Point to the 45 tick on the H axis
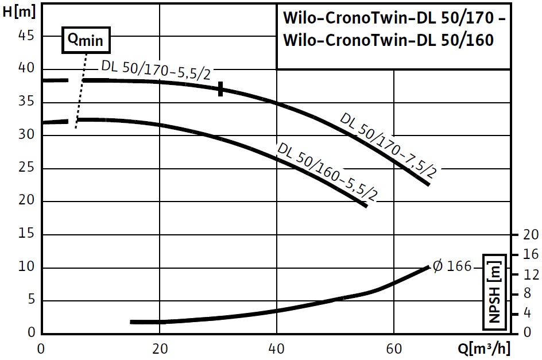pos(28,36)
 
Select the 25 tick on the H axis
pos(28,168)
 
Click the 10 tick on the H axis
pos(28,268)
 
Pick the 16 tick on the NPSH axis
pos(531,254)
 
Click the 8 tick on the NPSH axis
pos(531,294)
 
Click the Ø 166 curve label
pos(452,266)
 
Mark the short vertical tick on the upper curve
pos(220,88)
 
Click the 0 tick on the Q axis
pos(41,348)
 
